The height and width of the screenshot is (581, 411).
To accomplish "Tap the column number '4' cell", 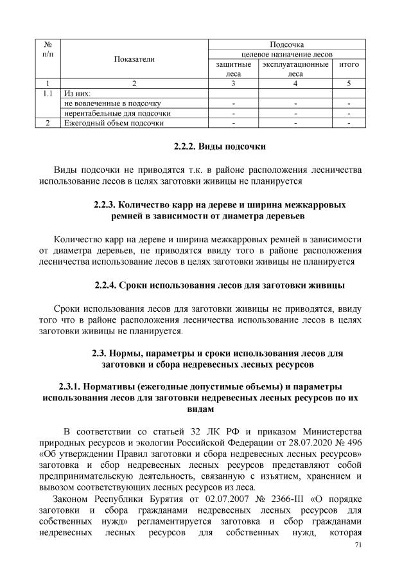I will (x=295, y=84).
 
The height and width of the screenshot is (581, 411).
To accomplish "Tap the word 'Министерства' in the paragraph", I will (x=328, y=430).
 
